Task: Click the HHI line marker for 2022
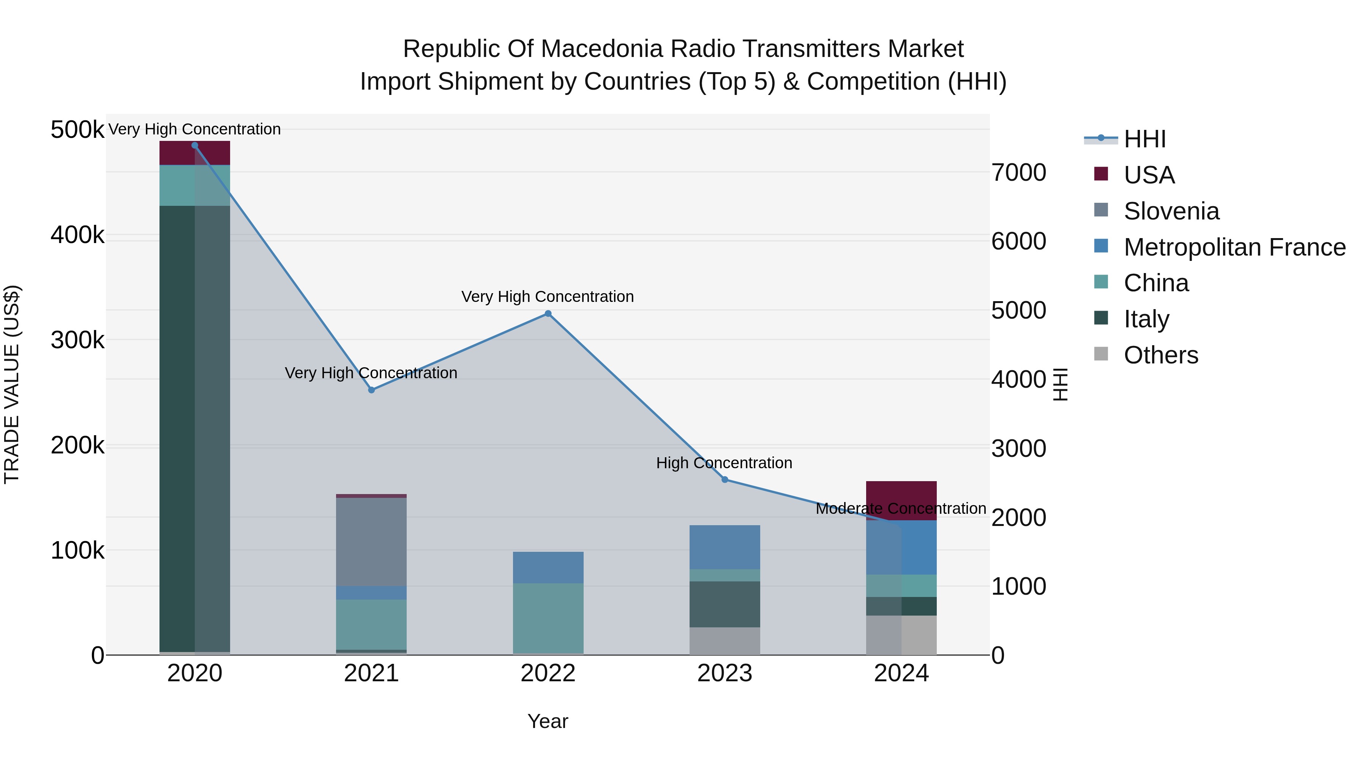click(x=548, y=314)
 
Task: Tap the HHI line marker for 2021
click(x=371, y=390)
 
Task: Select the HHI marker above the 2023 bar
click(x=725, y=480)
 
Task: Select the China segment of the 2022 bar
click(x=548, y=618)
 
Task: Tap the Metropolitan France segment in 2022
click(x=548, y=567)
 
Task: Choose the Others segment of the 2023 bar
click(x=725, y=641)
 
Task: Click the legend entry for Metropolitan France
click(x=1234, y=247)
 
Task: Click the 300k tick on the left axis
click(x=77, y=340)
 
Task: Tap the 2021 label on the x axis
click(x=371, y=673)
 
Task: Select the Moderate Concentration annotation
click(x=901, y=508)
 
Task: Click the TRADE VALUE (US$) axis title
click(x=12, y=384)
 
